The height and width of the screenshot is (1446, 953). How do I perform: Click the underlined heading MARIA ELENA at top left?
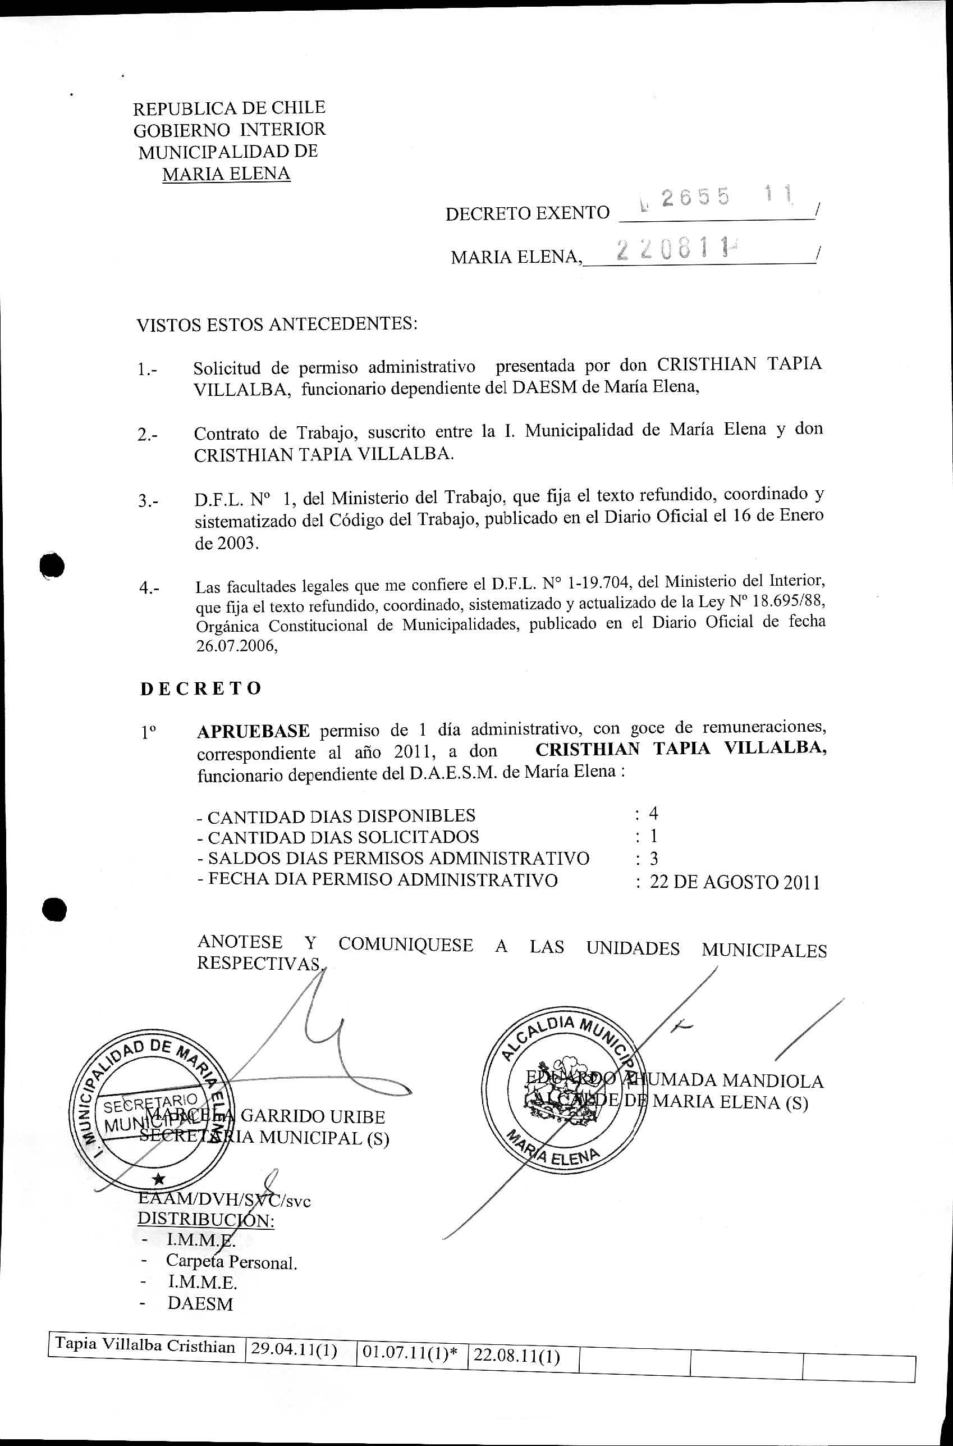point(226,174)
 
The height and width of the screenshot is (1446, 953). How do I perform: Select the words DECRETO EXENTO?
point(527,213)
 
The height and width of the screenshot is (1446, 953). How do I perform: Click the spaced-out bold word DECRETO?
point(200,688)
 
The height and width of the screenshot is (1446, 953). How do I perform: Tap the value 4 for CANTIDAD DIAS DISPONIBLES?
point(653,814)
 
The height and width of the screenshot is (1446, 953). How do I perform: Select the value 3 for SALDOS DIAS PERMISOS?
point(654,859)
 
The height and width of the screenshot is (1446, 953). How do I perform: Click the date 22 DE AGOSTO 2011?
point(734,882)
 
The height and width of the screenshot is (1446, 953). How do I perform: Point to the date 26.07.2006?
point(236,647)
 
